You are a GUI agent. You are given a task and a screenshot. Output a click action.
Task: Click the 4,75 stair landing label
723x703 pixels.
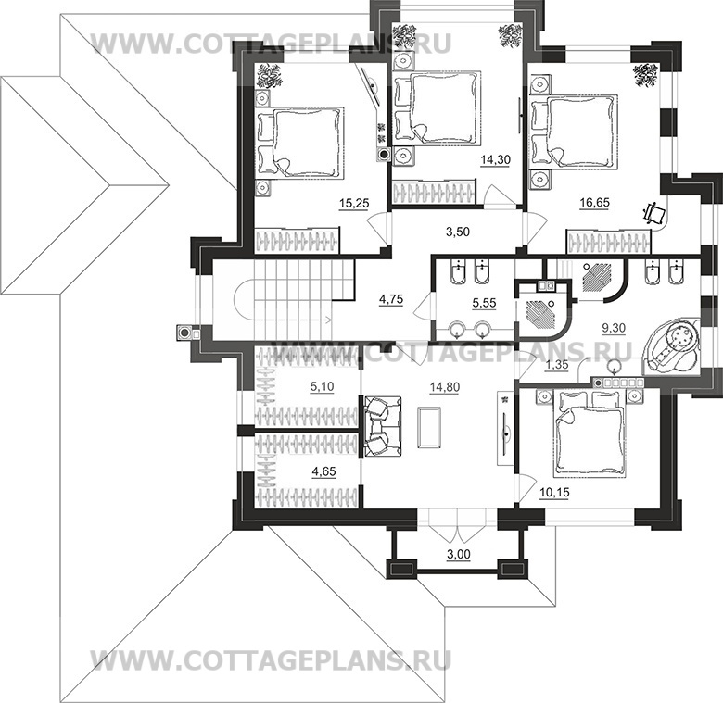393,298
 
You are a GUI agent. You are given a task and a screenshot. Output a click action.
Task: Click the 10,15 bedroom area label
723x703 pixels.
554,492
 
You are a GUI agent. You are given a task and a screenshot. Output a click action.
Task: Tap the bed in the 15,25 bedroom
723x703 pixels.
302,142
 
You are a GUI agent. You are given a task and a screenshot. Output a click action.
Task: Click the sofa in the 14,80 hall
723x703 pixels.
381,425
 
